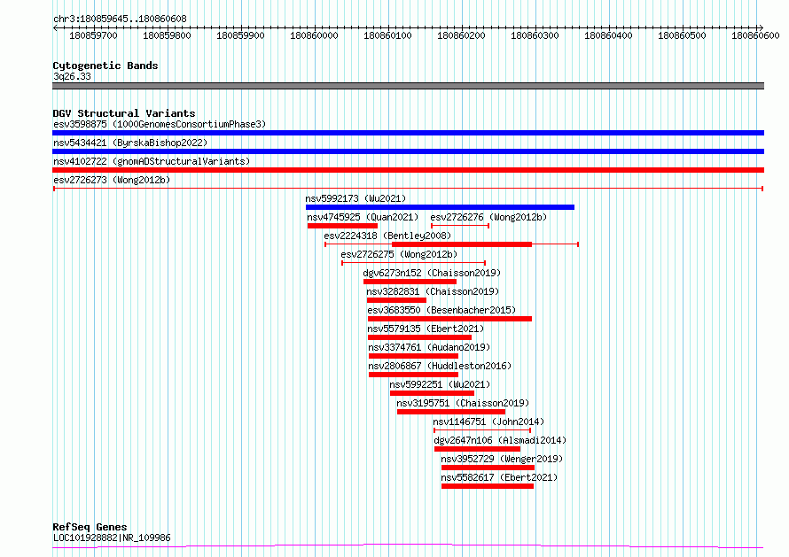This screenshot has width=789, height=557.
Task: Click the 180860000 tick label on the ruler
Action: [x=314, y=35]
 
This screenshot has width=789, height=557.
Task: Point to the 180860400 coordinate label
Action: [x=608, y=35]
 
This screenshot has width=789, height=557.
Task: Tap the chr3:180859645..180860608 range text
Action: [x=120, y=19]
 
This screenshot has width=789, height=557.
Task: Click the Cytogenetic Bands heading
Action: [x=105, y=66]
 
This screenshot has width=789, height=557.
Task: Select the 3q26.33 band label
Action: [x=72, y=76]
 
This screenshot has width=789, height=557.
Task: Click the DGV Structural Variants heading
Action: [x=124, y=113]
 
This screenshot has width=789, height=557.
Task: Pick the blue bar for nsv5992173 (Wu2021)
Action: [x=440, y=207]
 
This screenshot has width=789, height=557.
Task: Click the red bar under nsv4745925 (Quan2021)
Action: [x=342, y=226]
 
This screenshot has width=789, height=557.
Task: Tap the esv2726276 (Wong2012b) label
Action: [x=488, y=217]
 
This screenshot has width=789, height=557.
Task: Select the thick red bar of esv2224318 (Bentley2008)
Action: [x=462, y=244]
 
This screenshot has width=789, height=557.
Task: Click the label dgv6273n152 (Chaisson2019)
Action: [x=432, y=273]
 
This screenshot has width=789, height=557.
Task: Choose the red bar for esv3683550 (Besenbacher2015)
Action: [x=449, y=319]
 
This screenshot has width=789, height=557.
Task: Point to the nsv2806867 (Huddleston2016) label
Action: [x=440, y=366]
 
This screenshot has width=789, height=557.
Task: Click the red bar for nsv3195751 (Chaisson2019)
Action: [x=451, y=412]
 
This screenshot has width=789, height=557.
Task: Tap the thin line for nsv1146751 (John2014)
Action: [x=482, y=430]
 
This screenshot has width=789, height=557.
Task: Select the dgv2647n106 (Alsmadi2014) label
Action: [x=500, y=440]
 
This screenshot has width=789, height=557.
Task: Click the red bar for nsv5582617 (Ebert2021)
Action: [x=487, y=486]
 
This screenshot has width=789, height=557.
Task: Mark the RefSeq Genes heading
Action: [x=90, y=527]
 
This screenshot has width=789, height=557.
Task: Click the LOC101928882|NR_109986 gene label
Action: [x=112, y=538]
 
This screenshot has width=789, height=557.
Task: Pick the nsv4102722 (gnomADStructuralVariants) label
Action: [x=152, y=161]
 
